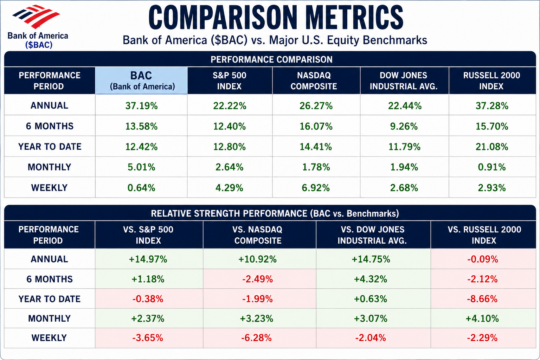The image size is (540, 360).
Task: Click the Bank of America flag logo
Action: pyautogui.click(x=36, y=17)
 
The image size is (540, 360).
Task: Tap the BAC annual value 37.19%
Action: pyautogui.click(x=142, y=106)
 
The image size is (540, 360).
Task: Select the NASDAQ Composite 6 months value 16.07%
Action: pyautogui.click(x=316, y=126)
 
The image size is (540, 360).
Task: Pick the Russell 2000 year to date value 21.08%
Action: pyautogui.click(x=492, y=147)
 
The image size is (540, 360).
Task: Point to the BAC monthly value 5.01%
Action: pyautogui.click(x=142, y=167)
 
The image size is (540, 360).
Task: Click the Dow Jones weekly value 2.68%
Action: pyautogui.click(x=404, y=188)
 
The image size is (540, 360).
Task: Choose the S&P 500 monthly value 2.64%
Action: pyautogui.click(x=230, y=167)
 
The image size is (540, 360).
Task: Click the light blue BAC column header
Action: pyautogui.click(x=141, y=81)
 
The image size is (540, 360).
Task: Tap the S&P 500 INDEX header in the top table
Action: pyautogui.click(x=230, y=81)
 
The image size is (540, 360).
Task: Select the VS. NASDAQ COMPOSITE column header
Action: pyautogui.click(x=257, y=235)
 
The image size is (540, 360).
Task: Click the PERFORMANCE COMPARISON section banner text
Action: pyautogui.click(x=271, y=59)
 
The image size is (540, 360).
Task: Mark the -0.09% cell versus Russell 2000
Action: pyautogui.click(x=483, y=259)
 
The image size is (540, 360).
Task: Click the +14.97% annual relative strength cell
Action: pyautogui.click(x=148, y=259)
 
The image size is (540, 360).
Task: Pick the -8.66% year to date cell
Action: pyautogui.click(x=482, y=299)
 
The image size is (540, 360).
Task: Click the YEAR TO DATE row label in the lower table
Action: pyautogui.click(x=50, y=299)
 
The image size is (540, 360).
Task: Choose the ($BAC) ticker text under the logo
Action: pyautogui.click(x=39, y=45)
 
